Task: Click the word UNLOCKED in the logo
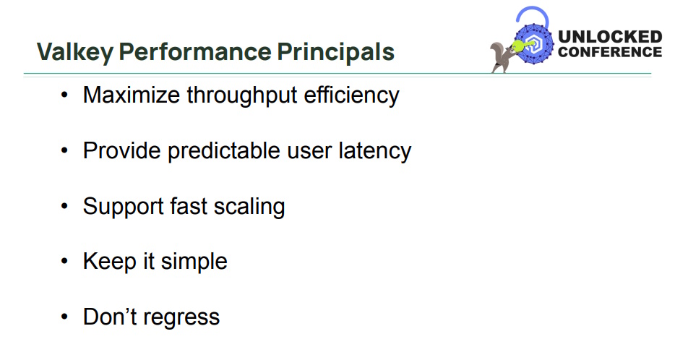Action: click(x=610, y=37)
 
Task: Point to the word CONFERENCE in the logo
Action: click(x=610, y=52)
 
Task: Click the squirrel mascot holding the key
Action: click(x=501, y=56)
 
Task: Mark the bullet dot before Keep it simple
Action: click(x=65, y=262)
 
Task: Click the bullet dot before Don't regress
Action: click(x=65, y=317)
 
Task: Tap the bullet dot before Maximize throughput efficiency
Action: click(x=65, y=95)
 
